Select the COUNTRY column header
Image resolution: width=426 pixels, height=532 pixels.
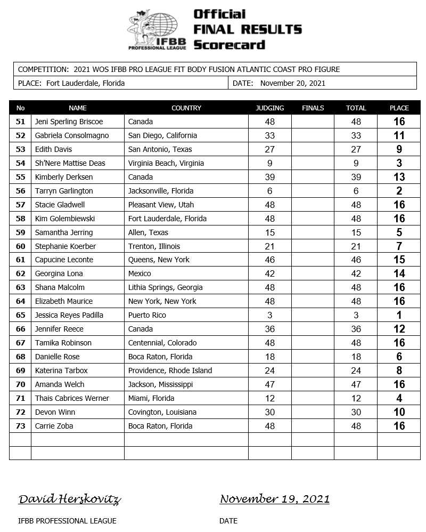186,108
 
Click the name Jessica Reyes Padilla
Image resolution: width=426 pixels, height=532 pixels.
69,315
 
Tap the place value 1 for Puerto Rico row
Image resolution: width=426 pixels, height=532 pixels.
399,315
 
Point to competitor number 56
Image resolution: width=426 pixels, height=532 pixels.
21,191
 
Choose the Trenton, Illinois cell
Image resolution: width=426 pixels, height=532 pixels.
154,246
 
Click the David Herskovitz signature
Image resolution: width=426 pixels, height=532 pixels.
69,499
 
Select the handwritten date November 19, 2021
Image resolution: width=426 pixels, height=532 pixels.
274,499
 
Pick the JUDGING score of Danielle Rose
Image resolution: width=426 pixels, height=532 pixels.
269,357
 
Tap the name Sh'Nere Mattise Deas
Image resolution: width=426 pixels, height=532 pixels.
70,163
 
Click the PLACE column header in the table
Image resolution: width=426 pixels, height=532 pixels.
399,108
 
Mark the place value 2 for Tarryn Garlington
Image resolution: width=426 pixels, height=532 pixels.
399,191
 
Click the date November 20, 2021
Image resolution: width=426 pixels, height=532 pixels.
292,83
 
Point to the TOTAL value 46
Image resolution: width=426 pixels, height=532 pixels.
356,260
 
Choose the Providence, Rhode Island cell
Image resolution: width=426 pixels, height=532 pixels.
170,370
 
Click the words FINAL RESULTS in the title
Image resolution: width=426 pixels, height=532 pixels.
248,29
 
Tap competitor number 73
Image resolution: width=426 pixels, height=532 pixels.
21,426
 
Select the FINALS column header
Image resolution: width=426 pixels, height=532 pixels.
313,108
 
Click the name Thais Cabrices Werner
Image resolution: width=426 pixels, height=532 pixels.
72,398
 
